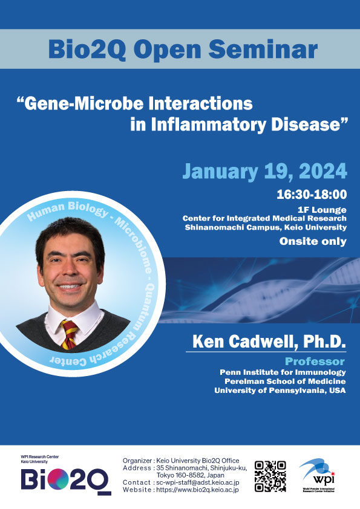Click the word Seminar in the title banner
263,50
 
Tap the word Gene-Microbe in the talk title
84,103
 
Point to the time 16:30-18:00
312,195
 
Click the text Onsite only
313,241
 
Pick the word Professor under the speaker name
315,361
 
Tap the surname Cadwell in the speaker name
263,342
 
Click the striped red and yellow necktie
69,334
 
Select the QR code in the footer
270,476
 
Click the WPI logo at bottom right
318,475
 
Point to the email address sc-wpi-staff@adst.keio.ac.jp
198,483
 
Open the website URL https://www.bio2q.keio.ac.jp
197,490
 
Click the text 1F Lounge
322,210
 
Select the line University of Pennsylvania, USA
280,390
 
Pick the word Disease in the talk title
310,125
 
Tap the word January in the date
220,172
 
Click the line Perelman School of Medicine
285,381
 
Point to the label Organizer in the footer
137,461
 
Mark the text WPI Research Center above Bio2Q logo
40,457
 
